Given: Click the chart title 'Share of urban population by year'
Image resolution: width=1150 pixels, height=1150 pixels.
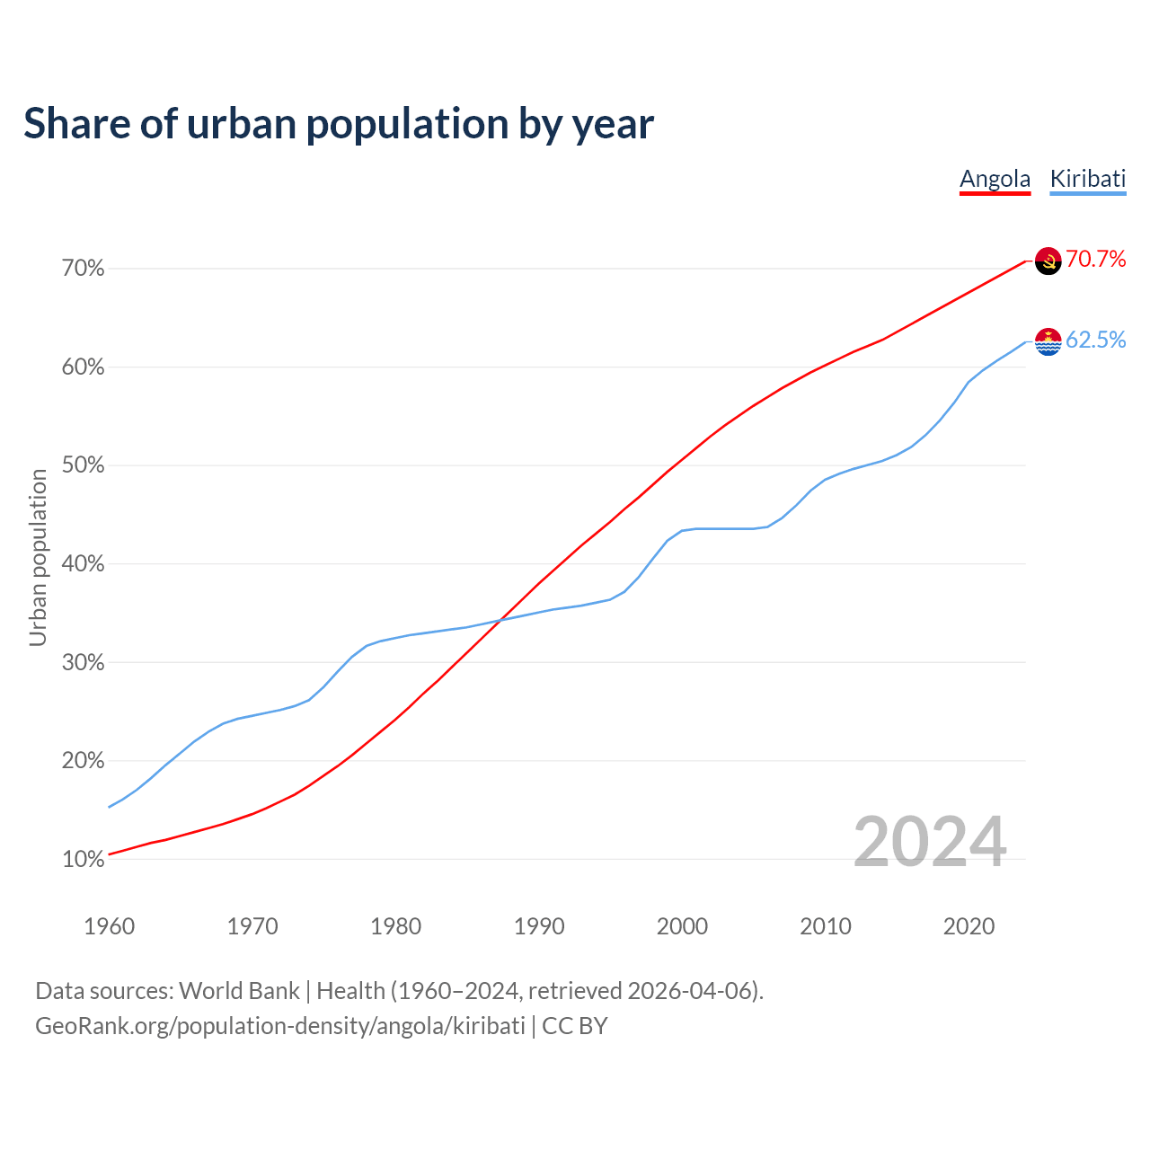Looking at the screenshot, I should (x=339, y=124).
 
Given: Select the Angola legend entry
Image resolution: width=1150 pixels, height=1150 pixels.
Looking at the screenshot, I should (x=995, y=179).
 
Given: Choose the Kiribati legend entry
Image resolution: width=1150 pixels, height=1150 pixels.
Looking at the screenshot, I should (x=1087, y=179).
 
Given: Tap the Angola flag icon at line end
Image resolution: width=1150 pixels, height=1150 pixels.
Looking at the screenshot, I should (x=1048, y=261).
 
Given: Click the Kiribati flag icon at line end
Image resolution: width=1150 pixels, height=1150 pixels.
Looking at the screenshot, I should (x=1048, y=341).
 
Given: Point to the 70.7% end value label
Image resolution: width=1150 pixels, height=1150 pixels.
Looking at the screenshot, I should (x=1095, y=260).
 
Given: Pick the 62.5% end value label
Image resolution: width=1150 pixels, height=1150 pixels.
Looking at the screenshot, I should (x=1095, y=340).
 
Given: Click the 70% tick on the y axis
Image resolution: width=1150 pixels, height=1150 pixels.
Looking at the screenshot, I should (x=84, y=269).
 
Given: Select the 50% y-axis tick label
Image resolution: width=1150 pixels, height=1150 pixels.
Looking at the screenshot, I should (x=84, y=465).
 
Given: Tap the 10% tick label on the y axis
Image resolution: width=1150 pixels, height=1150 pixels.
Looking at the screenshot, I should (x=84, y=860).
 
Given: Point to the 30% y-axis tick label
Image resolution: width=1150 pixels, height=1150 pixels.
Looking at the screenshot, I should (x=84, y=663).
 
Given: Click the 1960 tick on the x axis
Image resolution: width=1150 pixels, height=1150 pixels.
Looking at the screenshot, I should (x=109, y=926).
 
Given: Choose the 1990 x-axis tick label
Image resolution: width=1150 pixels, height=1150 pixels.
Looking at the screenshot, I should (x=539, y=926).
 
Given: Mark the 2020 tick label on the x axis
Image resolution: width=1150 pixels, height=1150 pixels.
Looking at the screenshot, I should (x=969, y=926).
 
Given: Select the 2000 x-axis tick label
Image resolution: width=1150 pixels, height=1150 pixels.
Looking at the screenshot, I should (x=682, y=926).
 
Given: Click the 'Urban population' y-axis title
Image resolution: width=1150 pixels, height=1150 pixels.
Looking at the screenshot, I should (x=38, y=557).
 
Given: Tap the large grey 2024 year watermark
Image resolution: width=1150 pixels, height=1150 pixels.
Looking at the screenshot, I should (x=929, y=842).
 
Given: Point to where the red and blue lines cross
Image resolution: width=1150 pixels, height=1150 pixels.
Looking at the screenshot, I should (x=500, y=619).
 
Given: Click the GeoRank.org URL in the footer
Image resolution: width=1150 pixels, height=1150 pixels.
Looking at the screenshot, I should (x=279, y=1026).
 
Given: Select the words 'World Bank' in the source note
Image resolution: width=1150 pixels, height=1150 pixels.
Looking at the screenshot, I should (x=239, y=991).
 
